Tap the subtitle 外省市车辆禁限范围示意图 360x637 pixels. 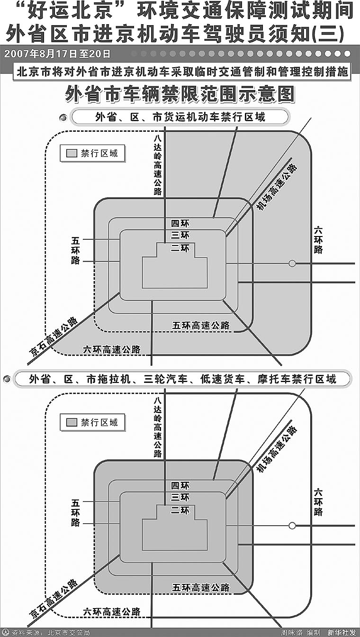[180, 94]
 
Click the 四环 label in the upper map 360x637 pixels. [180, 223]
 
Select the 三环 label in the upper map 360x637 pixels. [180, 236]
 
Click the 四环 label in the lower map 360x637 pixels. [180, 486]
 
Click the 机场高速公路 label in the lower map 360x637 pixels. [277, 449]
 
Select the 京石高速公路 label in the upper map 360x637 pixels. [54, 337]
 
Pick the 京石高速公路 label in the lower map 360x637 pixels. [54, 598]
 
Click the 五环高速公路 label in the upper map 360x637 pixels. [201, 326]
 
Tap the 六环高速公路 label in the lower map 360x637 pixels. [112, 611]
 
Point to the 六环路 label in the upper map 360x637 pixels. [318, 240]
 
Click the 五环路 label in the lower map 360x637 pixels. [75, 512]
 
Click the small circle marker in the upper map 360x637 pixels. [292, 264]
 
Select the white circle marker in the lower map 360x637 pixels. [292, 526]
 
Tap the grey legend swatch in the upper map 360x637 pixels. [72, 154]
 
